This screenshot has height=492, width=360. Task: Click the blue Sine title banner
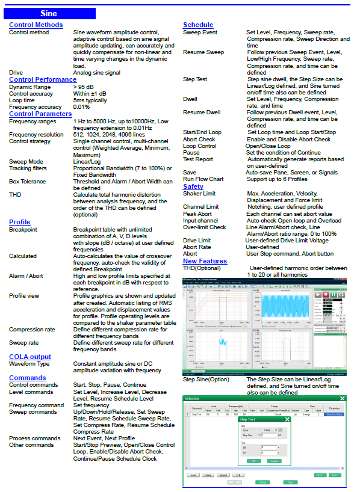point(49,13)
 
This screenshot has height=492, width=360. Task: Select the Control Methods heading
point(36,25)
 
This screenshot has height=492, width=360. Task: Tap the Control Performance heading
point(43,79)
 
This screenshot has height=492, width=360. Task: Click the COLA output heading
point(30,357)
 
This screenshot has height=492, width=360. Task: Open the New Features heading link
point(205,261)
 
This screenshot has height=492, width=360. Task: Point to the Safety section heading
point(193,186)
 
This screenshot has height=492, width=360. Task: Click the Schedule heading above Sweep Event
point(198,25)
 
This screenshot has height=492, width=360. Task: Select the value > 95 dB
point(84,87)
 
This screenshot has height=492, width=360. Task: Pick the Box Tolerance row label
point(28,181)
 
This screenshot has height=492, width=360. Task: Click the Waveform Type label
point(29,364)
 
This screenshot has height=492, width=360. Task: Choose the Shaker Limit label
point(199,193)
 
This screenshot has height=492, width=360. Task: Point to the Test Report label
point(198,159)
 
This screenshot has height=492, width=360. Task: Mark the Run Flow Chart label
point(203,179)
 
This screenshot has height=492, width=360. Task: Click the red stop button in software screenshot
point(326,295)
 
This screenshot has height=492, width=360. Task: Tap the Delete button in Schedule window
point(208,475)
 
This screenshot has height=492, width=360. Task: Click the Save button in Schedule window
point(334,475)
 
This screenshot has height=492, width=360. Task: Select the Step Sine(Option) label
point(206,380)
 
